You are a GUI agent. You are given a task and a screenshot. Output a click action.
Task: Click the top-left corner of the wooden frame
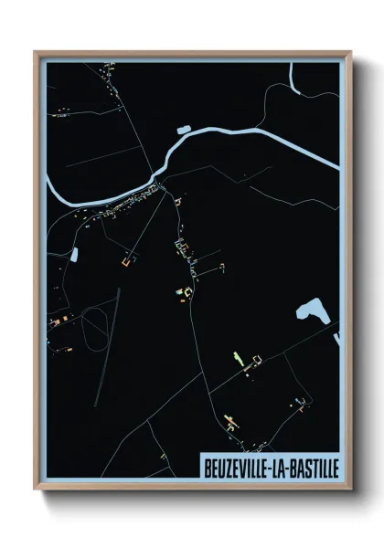click(36, 52)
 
